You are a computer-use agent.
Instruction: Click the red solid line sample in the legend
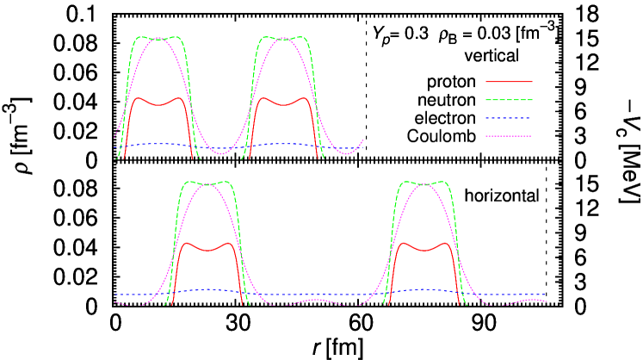click(509, 82)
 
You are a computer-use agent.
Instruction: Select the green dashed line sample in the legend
click(509, 100)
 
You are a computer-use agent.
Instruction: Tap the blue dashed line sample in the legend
click(509, 118)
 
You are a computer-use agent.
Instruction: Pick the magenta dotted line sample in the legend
click(509, 136)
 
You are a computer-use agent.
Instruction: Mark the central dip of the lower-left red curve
click(207, 250)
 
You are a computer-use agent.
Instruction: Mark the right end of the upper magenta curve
click(362, 140)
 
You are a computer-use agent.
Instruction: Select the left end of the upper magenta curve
click(114, 138)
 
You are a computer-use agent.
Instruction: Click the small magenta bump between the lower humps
click(316, 300)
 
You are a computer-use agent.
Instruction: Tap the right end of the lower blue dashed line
click(545, 295)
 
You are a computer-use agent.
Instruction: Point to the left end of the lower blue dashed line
click(116, 295)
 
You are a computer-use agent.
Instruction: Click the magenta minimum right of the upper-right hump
click(347, 154)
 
